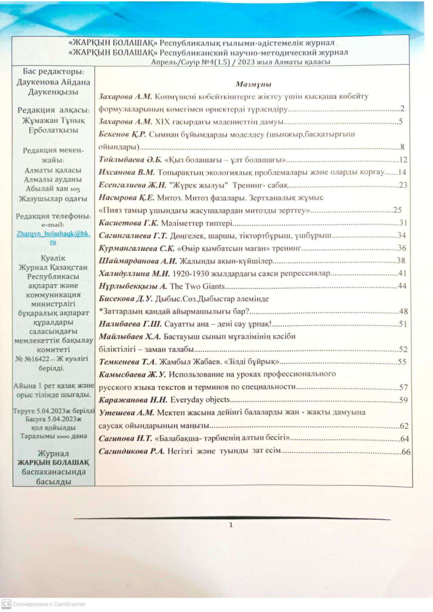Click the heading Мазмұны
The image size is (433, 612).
253,84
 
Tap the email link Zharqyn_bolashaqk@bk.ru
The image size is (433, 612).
53,234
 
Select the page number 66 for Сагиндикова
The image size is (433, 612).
406,452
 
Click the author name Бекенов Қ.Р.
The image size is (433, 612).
122,134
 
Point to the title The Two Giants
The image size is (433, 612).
197,286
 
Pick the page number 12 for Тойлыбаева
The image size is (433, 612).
403,160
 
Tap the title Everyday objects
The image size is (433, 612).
200,400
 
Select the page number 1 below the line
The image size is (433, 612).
231,525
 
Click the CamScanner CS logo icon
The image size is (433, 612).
6,604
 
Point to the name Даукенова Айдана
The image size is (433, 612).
53,82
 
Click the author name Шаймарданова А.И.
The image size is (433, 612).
138,261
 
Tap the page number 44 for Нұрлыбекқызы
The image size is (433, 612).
402,286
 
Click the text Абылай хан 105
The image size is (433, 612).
53,189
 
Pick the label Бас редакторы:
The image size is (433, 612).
53,71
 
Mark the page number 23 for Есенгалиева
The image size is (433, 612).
403,185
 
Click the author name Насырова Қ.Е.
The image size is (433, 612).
126,198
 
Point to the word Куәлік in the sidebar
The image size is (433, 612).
53,258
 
